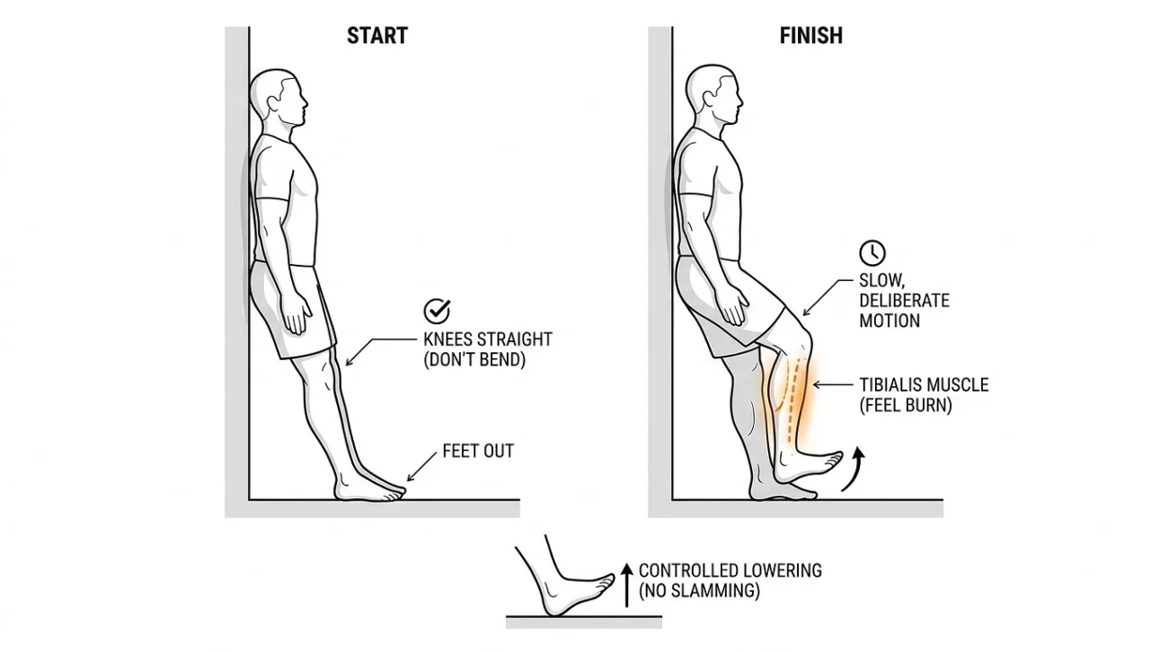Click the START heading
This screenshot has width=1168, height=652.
[x=377, y=35]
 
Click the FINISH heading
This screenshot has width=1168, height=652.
[x=810, y=35]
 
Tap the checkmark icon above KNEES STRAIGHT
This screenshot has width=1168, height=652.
[x=437, y=311]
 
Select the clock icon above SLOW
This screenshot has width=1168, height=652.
[x=872, y=252]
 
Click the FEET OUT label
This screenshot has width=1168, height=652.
[x=478, y=451]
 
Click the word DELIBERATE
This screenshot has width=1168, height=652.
[x=904, y=301]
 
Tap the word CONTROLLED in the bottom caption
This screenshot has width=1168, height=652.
[x=684, y=570]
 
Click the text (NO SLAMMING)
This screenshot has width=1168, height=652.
[x=699, y=591]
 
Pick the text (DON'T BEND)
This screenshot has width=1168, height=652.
[x=474, y=359]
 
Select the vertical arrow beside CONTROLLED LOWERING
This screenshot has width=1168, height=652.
[x=627, y=586]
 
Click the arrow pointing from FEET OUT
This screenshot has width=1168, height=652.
[x=421, y=467]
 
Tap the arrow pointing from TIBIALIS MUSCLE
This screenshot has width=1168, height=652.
[x=833, y=385]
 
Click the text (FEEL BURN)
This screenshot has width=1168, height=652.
[x=906, y=406]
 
